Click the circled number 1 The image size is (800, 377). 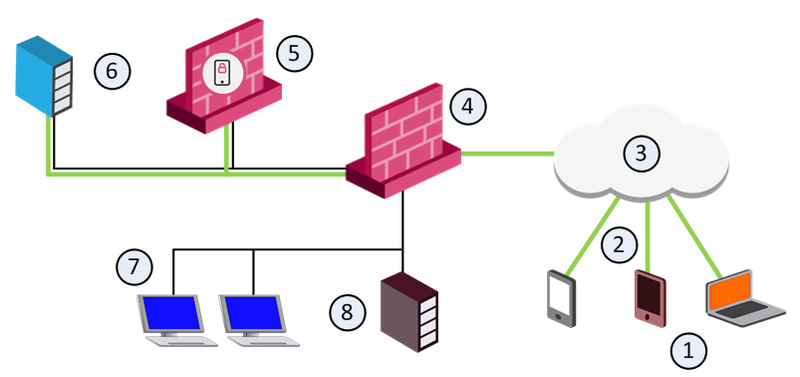(688, 351)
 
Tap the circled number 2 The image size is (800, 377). (619, 245)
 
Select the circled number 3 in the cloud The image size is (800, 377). (642, 153)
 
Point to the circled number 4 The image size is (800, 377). (468, 107)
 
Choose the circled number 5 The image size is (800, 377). (294, 53)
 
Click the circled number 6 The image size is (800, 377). (113, 71)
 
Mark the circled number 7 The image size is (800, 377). (133, 266)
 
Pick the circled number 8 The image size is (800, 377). (347, 311)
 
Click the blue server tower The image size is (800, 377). (44, 76)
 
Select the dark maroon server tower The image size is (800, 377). (409, 311)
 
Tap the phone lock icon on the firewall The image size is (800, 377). (222, 74)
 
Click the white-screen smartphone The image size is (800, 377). (562, 298)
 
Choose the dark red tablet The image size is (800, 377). (650, 299)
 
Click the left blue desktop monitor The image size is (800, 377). (170, 313)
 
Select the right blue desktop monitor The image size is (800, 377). (252, 313)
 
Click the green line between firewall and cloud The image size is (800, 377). (508, 153)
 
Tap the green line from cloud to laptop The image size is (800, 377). (694, 237)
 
